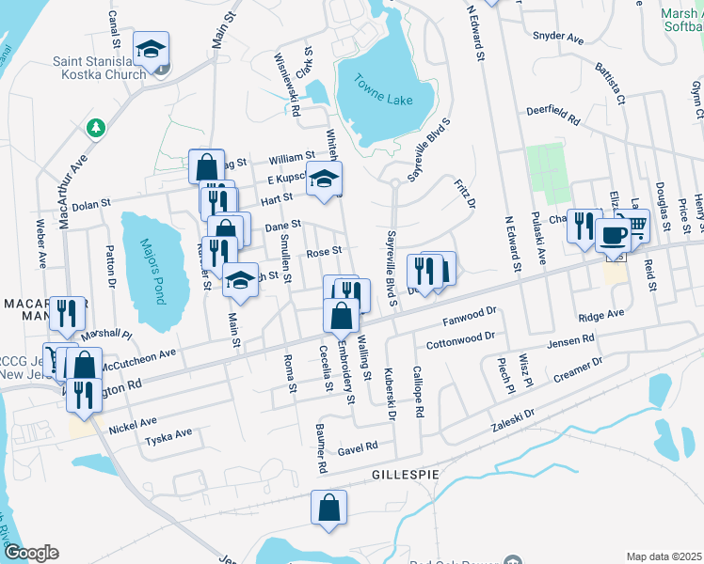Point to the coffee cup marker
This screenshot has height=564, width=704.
(x=613, y=234)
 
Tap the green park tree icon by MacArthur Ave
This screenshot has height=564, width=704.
(x=95, y=126)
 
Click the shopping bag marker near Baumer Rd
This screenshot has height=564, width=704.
(x=328, y=508)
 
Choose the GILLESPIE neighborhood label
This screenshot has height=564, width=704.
(x=405, y=475)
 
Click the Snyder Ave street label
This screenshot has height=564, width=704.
(x=558, y=37)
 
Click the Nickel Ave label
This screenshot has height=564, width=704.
(x=132, y=424)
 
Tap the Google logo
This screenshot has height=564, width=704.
(x=31, y=553)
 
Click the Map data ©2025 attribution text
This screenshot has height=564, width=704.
(x=664, y=556)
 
